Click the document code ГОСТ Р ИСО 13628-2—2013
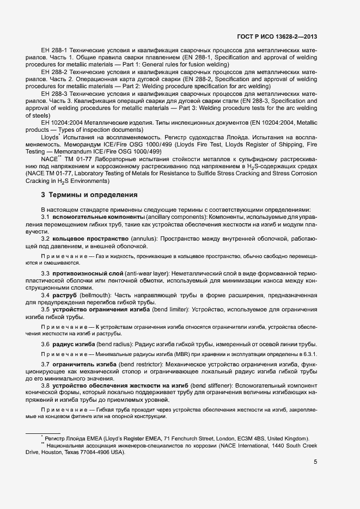[277, 37]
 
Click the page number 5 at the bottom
[315, 462]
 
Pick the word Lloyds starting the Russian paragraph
[50, 138]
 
